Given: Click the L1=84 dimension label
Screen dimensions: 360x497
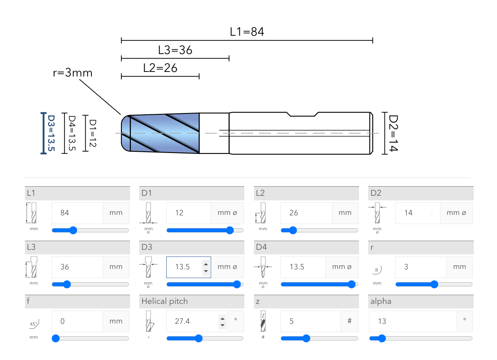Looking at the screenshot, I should [x=247, y=32].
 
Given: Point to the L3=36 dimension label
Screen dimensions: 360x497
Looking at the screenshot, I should [x=175, y=50].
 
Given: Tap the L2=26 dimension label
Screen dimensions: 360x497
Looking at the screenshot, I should [x=160, y=68].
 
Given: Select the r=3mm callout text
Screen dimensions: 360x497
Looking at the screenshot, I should [x=73, y=73].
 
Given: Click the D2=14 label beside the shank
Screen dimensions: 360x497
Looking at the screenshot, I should [x=393, y=133].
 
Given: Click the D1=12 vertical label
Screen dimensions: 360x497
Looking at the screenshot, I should [x=93, y=133].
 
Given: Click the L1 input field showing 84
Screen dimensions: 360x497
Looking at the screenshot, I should [x=77, y=213].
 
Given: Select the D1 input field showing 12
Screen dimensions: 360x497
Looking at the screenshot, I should [x=188, y=213].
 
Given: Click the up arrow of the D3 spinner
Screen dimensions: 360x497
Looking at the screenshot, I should [x=206, y=263].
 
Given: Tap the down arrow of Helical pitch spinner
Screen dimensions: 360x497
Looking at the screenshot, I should [x=223, y=325].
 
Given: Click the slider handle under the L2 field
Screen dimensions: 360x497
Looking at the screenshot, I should [x=293, y=230].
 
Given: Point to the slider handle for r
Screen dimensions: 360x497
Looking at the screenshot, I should [x=434, y=284].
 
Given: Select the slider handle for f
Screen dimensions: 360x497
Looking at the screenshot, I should [x=56, y=338].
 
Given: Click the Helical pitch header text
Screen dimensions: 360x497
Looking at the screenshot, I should [x=165, y=301].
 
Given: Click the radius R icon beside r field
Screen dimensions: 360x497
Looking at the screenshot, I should [x=377, y=270].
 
